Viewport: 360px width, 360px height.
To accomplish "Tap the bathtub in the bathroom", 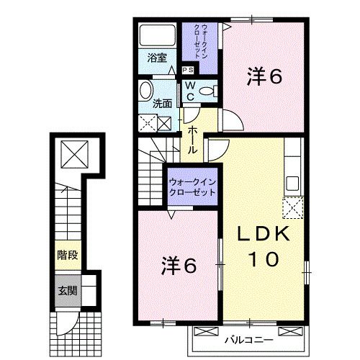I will [x=156, y=35].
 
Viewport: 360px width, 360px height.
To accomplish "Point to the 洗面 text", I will [x=163, y=104].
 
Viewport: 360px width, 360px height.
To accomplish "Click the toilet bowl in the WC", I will [x=209, y=91].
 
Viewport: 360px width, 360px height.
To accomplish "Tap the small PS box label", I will [x=187, y=70].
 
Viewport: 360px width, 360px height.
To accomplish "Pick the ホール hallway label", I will [x=194, y=138].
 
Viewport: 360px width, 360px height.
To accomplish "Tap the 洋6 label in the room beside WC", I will [x=264, y=76].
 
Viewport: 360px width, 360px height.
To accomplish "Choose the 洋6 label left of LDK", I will [x=178, y=266].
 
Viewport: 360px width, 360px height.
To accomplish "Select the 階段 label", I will [x=66, y=255].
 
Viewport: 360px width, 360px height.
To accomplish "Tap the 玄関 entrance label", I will [x=66, y=291].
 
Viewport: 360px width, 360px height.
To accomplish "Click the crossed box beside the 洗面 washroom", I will [x=147, y=123].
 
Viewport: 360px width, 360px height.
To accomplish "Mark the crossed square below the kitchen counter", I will [x=294, y=210].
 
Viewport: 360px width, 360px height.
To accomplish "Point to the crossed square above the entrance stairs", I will [x=71, y=153].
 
